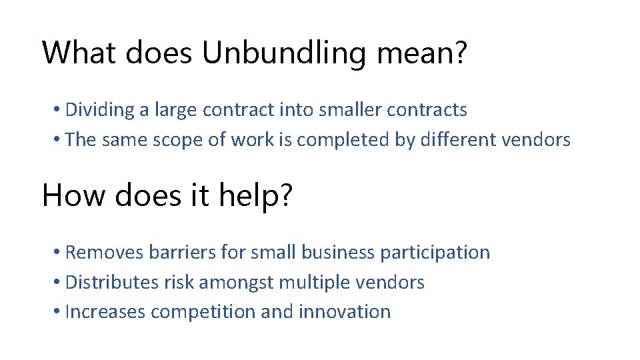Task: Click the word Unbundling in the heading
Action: (x=285, y=53)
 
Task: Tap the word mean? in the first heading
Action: (x=421, y=53)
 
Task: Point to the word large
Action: (x=175, y=110)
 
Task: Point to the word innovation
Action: (x=345, y=312)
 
